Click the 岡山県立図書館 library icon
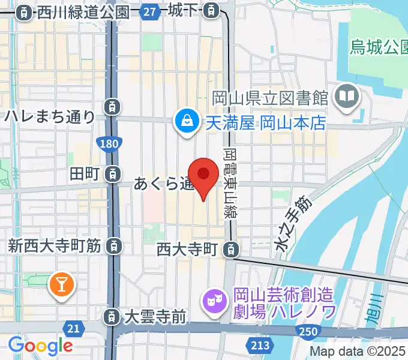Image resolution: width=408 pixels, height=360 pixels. coord(347,96)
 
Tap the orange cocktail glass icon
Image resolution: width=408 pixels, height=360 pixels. coord(61,283)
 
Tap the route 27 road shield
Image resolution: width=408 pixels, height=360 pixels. coord(151,10)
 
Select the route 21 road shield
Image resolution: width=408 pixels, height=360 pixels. coord(74,328)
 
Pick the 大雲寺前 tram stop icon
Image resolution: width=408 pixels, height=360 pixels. coord(112,316)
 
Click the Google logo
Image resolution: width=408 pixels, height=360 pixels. coord(40,346)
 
